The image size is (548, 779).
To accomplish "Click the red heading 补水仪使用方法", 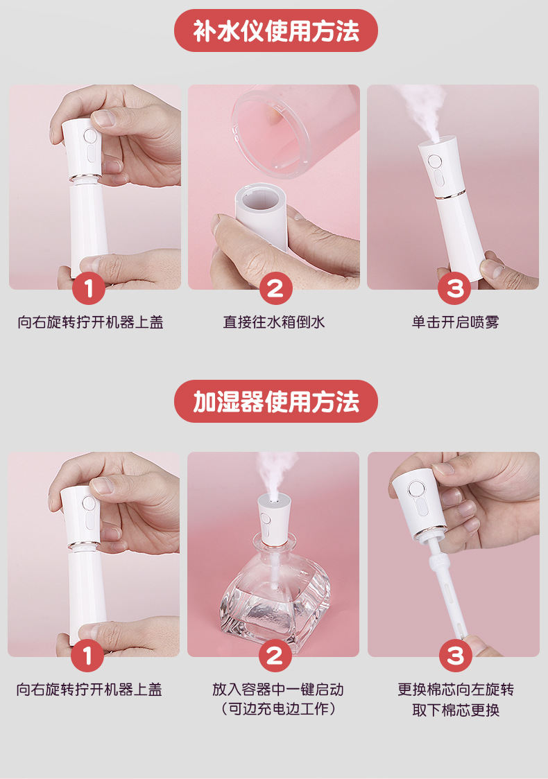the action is pyautogui.click(x=275, y=30).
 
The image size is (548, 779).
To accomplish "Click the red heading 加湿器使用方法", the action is pyautogui.click(x=275, y=401).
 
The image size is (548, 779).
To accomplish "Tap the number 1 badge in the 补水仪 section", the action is pyautogui.click(x=89, y=288).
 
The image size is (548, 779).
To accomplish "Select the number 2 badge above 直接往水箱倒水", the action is pyautogui.click(x=275, y=288).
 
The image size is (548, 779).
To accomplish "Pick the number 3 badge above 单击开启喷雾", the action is pyautogui.click(x=454, y=288).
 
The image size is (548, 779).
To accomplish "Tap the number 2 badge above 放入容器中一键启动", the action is pyautogui.click(x=275, y=656).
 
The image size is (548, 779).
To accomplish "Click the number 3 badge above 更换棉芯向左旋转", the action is pyautogui.click(x=456, y=656).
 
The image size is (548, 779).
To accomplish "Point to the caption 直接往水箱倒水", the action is pyautogui.click(x=274, y=322).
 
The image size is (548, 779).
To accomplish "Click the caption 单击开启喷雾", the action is pyautogui.click(x=455, y=322).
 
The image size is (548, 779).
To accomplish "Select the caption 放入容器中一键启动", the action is pyautogui.click(x=278, y=690).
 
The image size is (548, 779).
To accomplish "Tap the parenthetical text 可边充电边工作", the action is pyautogui.click(x=278, y=709).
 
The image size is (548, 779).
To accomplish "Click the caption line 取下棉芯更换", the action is pyautogui.click(x=456, y=710).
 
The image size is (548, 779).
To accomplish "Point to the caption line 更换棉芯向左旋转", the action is pyautogui.click(x=456, y=690).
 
